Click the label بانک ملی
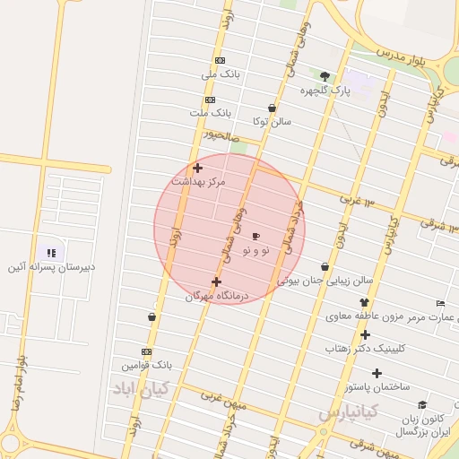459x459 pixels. click(x=223, y=74)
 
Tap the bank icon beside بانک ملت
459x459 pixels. click(x=210, y=100)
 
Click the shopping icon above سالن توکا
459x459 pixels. click(x=272, y=107)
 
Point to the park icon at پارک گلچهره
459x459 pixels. click(x=325, y=76)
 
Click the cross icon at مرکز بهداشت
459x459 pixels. click(x=197, y=167)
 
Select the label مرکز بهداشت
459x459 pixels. click(x=198, y=181)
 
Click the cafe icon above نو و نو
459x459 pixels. click(x=256, y=237)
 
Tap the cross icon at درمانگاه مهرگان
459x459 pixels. click(x=216, y=281)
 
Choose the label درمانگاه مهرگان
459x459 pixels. click(x=216, y=296)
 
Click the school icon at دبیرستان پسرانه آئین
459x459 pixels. click(x=51, y=254)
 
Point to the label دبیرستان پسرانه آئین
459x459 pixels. click(x=51, y=267)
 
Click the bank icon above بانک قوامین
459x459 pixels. click(x=147, y=351)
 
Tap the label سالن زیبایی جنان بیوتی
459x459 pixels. click(x=325, y=281)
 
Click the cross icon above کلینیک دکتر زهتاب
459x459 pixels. click(x=365, y=333)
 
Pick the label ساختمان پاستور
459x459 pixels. click(x=377, y=386)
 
